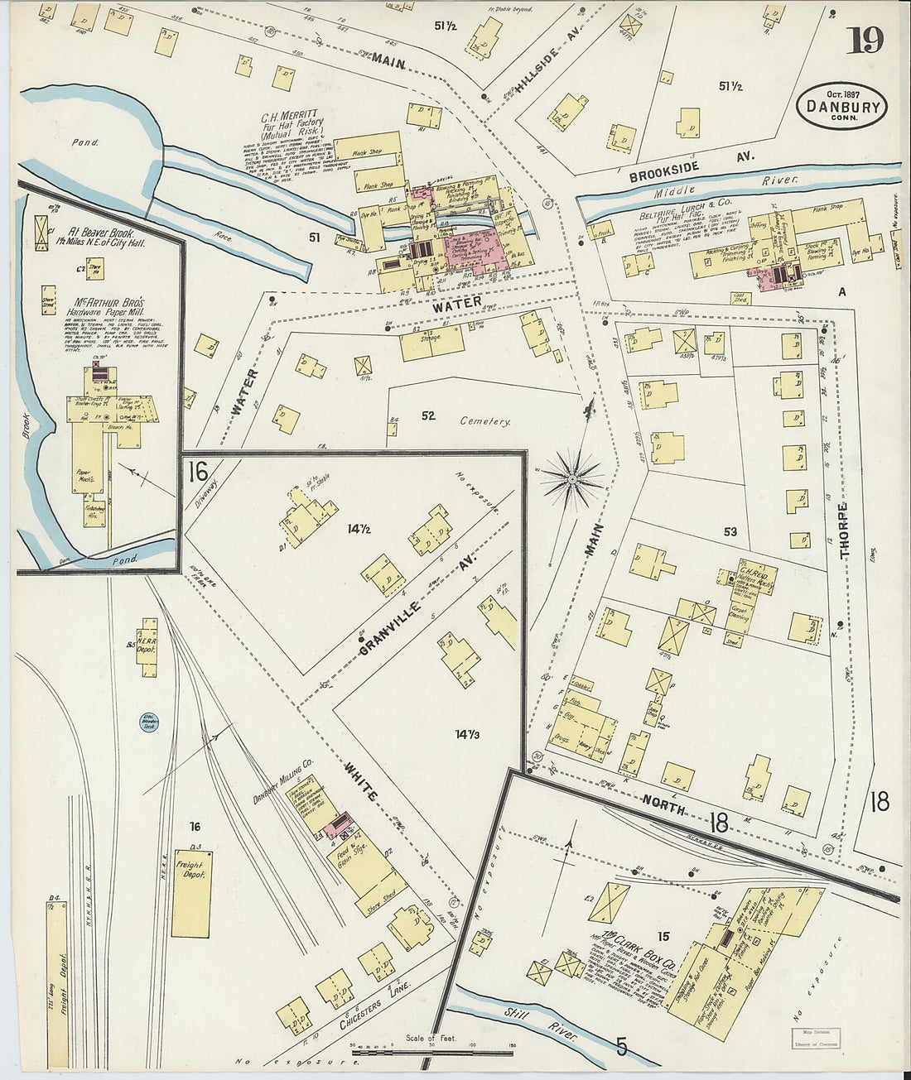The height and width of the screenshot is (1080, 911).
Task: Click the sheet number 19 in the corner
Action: pos(865,40)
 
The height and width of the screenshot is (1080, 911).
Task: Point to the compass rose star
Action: pos(572,478)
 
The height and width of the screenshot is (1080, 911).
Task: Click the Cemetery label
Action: pos(485,421)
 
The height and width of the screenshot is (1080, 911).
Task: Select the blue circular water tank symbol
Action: pos(149,722)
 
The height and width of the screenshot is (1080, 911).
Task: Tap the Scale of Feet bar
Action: pos(431,1052)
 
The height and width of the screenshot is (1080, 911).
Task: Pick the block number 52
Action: pos(428,415)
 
